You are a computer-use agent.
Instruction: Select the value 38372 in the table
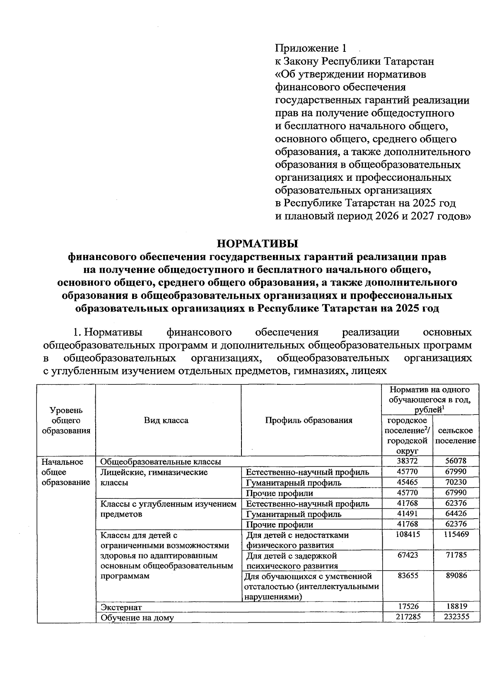tap(408, 461)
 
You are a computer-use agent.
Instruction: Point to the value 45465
tap(408, 482)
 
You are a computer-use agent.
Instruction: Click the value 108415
tap(408, 534)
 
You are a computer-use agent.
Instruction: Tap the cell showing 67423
tap(408, 555)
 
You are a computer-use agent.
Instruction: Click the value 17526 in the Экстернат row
tap(408, 606)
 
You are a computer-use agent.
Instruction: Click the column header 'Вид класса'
tap(166, 420)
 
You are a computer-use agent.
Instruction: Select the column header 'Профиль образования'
tap(309, 420)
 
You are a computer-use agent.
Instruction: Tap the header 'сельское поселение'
tap(456, 436)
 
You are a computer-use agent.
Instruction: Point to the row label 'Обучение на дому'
tap(137, 618)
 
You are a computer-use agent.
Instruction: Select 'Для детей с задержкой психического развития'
tap(292, 561)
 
